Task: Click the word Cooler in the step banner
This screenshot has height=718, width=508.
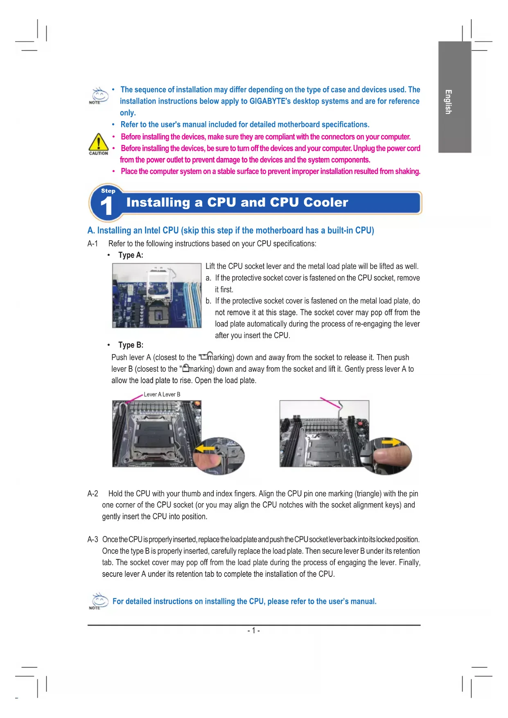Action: tap(326, 202)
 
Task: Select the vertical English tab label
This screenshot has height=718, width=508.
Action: tap(449, 102)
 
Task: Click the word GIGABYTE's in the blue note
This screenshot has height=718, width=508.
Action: tap(271, 101)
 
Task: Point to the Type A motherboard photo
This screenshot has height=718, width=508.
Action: tap(157, 295)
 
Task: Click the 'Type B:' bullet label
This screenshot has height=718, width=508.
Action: tap(131, 345)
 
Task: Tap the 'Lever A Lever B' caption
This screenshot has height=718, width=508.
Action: tap(162, 394)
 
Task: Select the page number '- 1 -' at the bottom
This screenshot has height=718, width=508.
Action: tap(253, 630)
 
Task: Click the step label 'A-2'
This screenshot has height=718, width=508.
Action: tap(93, 494)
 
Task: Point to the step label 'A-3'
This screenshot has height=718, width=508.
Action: tap(93, 540)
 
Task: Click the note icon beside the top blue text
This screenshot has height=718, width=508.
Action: tap(99, 95)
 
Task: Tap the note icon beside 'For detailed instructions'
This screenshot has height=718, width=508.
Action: tap(98, 601)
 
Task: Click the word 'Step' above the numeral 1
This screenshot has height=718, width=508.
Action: tap(108, 191)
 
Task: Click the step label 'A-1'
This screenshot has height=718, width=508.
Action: tap(93, 244)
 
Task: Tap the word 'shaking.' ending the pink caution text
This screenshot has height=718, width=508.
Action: tap(407, 171)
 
